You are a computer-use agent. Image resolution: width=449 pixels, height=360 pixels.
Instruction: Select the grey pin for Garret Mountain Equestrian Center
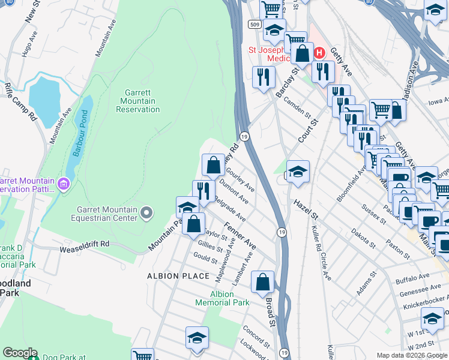[x=146, y=212]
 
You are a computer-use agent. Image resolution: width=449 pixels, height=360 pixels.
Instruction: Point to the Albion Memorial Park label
[x=222, y=298]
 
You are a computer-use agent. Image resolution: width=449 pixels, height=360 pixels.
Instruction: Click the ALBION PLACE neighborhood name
[x=178, y=276]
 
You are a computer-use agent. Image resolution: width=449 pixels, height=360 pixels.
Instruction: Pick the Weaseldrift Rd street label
[x=84, y=244]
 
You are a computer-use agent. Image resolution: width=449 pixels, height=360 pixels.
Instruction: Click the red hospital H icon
[x=320, y=53]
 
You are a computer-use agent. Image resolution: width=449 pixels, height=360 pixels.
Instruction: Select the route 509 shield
[x=255, y=25]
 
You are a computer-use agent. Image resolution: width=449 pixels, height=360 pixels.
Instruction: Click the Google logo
[x=20, y=353]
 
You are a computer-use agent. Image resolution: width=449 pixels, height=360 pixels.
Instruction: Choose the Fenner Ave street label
[x=240, y=236]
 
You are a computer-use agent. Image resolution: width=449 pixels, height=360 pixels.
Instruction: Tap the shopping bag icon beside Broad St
[x=262, y=281]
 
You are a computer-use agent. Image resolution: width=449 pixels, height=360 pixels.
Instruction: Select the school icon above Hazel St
[x=297, y=171]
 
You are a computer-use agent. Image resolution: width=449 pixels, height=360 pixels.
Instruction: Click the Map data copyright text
[x=411, y=355]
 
